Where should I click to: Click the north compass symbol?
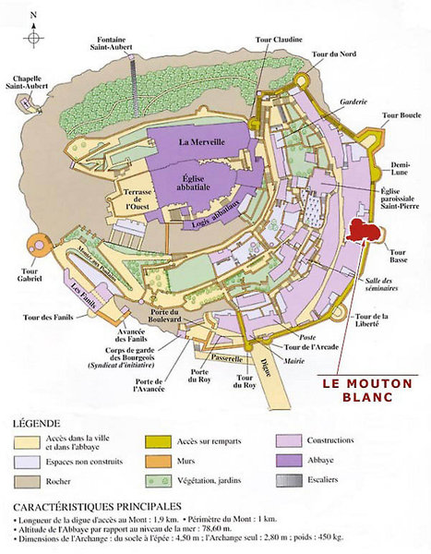click(34, 34)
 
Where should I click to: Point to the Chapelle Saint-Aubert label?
click(31, 83)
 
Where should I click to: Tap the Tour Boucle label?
click(400, 116)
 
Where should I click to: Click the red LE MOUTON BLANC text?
click(360, 389)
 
